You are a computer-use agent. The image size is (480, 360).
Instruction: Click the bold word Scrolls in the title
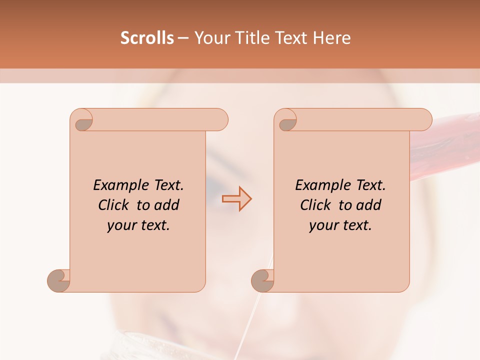click(147, 38)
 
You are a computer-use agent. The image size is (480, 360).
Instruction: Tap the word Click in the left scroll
click(114, 205)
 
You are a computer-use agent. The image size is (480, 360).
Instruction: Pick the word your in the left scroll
click(121, 225)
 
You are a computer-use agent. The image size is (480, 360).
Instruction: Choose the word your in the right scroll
click(323, 225)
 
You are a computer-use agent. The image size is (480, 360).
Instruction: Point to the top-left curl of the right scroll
click(287, 121)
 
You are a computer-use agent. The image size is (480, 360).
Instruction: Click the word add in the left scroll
click(167, 205)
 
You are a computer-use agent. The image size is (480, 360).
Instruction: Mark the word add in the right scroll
click(369, 205)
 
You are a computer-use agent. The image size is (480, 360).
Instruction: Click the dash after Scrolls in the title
click(183, 38)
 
